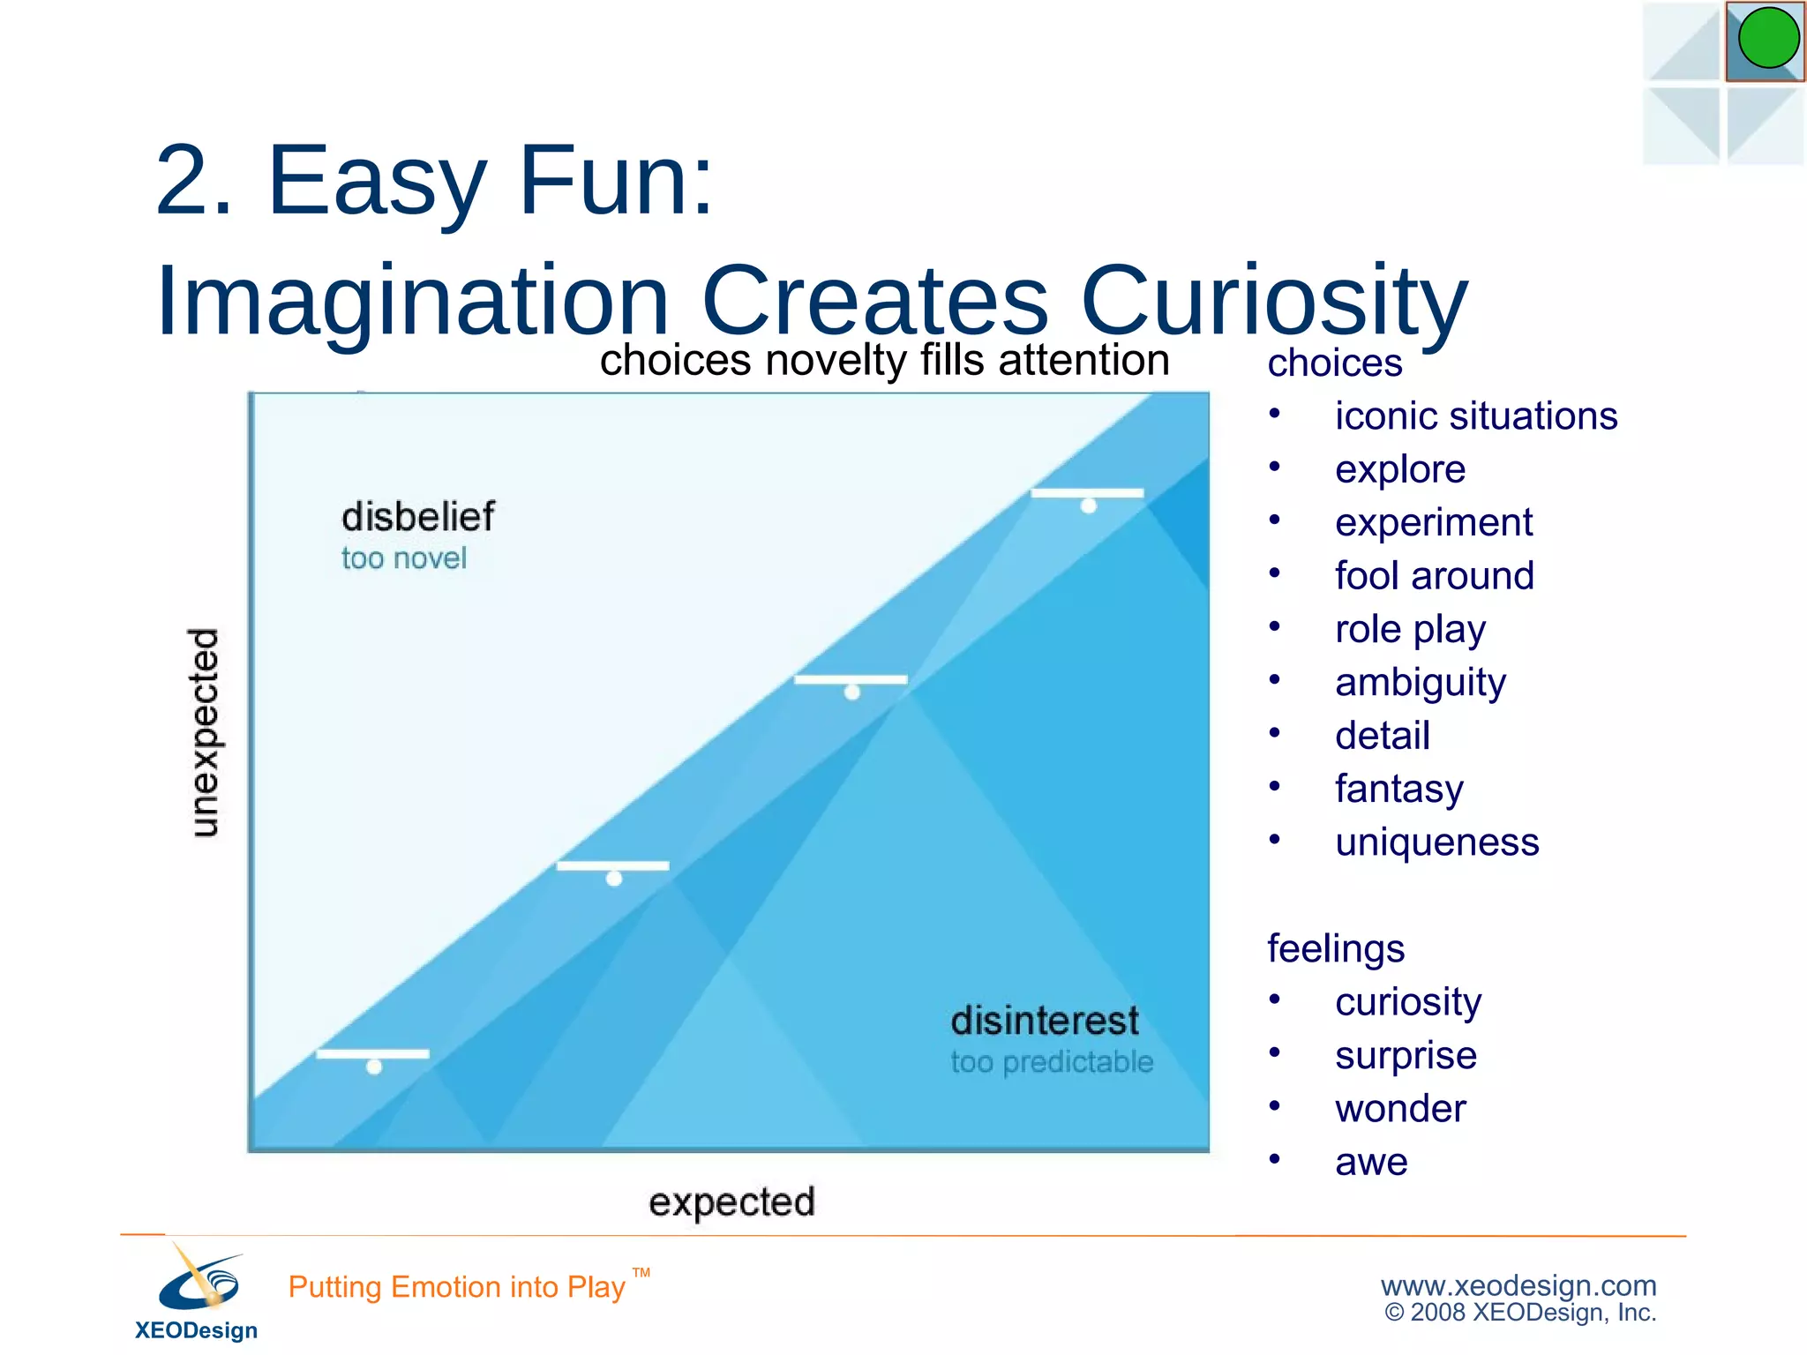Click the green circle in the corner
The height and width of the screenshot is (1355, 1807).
point(1768,39)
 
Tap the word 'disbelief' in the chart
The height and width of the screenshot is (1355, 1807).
point(417,517)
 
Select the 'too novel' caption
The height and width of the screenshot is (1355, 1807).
point(403,558)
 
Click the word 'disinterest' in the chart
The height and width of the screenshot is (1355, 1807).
point(1045,1022)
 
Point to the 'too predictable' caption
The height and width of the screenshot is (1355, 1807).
point(1052,1062)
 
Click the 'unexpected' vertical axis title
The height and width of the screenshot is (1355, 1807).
point(205,732)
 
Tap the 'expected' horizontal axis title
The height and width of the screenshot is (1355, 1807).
point(731,1202)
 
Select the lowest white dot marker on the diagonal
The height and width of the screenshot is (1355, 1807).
point(374,1067)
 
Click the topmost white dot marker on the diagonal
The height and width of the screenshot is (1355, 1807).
point(1089,505)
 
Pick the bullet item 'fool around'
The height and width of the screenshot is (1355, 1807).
point(1434,576)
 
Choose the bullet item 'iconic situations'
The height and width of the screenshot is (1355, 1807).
point(1475,416)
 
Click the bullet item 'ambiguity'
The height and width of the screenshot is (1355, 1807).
point(1420,683)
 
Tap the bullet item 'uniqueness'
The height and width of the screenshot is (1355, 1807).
point(1436,842)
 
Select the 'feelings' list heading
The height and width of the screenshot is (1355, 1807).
point(1335,949)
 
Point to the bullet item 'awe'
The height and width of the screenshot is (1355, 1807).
point(1370,1163)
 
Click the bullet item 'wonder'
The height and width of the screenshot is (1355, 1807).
point(1399,1109)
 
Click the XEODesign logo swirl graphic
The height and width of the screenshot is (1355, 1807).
point(200,1279)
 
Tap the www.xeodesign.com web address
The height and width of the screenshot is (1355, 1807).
point(1518,1285)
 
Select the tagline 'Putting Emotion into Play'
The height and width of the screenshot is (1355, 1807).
point(456,1287)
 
